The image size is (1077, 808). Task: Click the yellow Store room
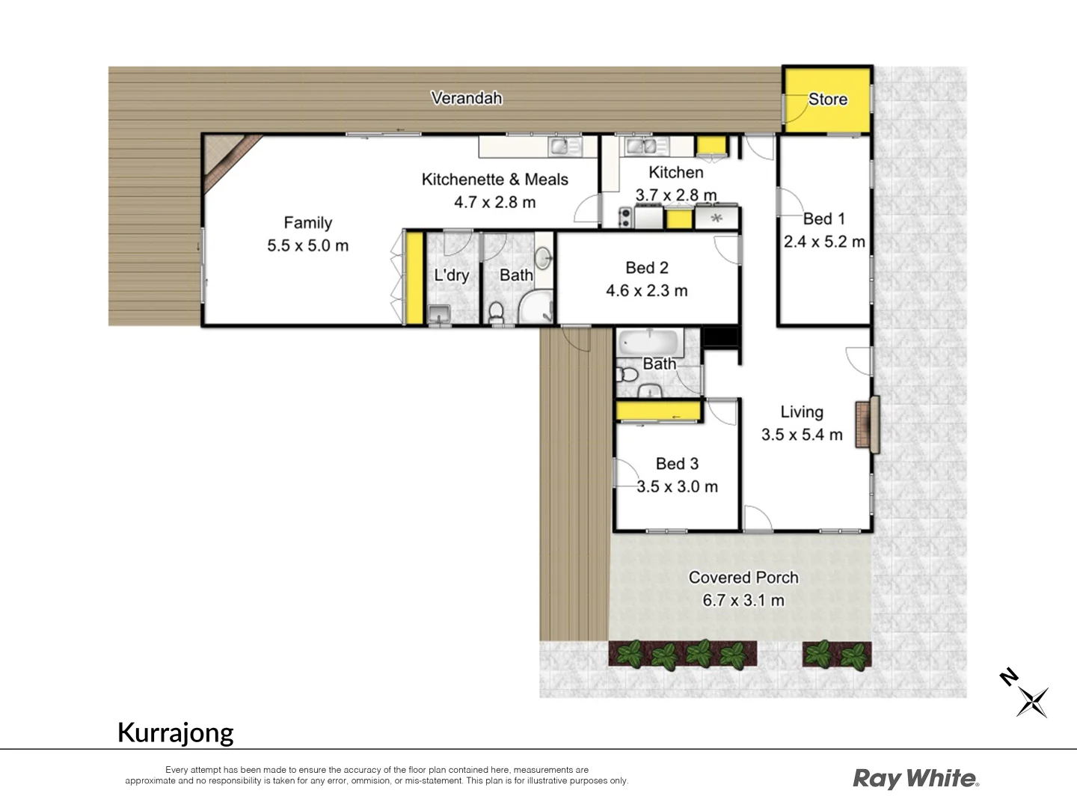coord(827,100)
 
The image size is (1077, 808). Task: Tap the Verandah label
coord(467,98)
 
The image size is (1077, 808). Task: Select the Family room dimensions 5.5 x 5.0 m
coord(307,245)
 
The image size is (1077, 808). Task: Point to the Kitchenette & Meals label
coord(494,180)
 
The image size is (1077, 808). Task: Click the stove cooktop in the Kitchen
coord(625,218)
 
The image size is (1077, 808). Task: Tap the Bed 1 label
coord(823,218)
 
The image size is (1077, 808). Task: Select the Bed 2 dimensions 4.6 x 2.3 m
coord(646,290)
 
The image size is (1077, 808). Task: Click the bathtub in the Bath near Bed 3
coord(648,343)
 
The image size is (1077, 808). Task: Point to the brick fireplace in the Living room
coord(867,424)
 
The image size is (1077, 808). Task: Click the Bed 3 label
coord(677,464)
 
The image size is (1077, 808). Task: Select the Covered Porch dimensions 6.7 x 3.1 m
coord(743,600)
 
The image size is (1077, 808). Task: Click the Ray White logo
coord(915,779)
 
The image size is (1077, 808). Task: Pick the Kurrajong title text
coord(176,732)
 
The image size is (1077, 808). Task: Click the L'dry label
coord(451,275)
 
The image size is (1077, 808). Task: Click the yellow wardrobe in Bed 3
coord(657,411)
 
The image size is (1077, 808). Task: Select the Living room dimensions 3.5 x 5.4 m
coord(802,435)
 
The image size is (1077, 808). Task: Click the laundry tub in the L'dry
coord(438,314)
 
